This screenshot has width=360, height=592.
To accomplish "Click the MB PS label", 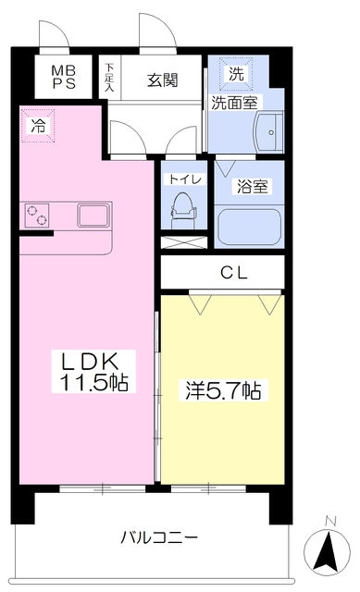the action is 64,77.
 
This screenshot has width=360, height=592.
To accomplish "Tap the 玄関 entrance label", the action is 162,80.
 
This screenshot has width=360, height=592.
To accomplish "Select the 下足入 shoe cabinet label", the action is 109,78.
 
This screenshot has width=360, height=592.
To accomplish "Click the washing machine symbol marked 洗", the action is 236,74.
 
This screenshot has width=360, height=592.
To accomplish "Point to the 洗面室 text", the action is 234,103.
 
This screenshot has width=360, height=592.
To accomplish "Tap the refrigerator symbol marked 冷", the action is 38,126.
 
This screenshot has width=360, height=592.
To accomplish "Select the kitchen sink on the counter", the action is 94,216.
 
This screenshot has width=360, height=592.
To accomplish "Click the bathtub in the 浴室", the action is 249,228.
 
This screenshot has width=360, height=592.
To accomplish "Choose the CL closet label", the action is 234,273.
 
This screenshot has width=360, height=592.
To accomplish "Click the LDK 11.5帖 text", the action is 93,372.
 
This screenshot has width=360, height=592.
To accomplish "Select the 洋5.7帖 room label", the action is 223,390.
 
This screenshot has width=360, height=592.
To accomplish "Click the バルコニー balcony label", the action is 159,536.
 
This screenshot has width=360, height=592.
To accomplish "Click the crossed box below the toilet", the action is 184,242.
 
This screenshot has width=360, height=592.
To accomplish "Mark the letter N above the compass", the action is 330,521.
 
